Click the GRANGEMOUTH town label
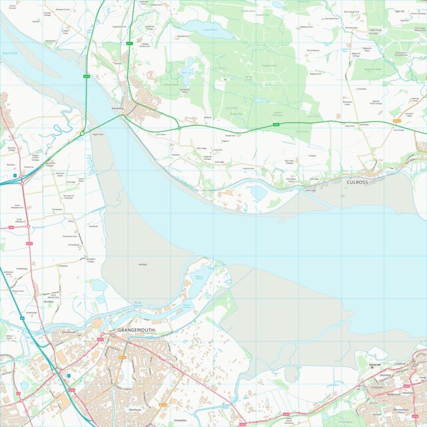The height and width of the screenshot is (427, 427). (x=136, y=330)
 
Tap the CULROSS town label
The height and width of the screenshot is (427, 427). (x=362, y=181)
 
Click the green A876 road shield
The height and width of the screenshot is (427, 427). (x=86, y=77)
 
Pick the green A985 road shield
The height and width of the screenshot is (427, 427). (x=276, y=124)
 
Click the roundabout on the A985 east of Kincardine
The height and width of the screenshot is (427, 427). (x=179, y=127)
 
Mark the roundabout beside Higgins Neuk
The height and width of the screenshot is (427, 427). (x=82, y=134)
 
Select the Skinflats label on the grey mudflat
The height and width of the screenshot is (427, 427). (x=142, y=264)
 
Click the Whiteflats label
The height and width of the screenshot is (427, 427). (x=179, y=420)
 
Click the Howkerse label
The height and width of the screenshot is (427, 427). (x=93, y=226)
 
